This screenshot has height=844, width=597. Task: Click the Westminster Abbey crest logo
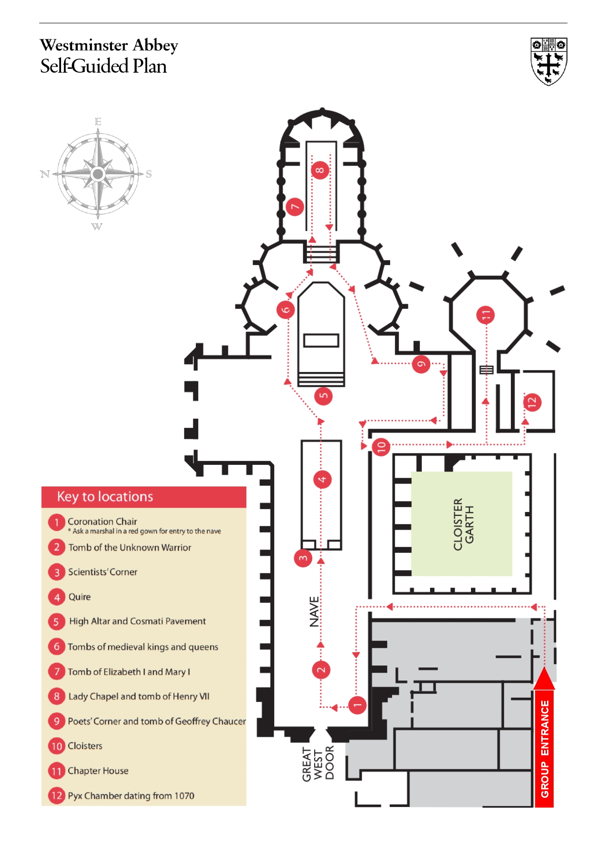click(548, 61)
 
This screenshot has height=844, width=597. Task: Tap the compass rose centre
click(98, 174)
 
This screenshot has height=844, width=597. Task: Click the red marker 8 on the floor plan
click(320, 170)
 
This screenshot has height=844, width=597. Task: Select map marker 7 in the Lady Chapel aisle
click(295, 207)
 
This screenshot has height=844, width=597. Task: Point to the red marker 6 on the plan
click(285, 309)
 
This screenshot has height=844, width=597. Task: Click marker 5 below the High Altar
click(323, 396)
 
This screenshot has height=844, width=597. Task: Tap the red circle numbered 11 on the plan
click(485, 315)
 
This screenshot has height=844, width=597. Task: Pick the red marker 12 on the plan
click(532, 402)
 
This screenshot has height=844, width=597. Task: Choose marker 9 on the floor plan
click(421, 364)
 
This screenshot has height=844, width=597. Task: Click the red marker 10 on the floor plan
click(381, 447)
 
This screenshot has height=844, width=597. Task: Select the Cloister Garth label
click(464, 524)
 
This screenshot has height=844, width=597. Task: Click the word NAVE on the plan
click(314, 612)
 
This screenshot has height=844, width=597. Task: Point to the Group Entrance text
click(545, 749)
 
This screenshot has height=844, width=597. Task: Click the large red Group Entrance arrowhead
click(544, 678)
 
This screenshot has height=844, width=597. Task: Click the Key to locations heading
click(105, 497)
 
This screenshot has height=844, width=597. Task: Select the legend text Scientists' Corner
click(102, 572)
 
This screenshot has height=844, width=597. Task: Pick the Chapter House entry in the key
click(98, 771)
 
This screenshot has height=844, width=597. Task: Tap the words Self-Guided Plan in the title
click(103, 66)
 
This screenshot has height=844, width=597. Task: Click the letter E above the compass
click(98, 122)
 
